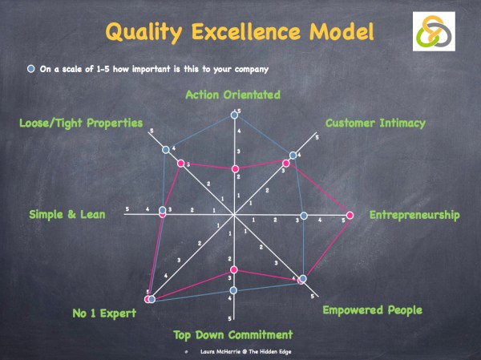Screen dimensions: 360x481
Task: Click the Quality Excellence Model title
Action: pos(240,32)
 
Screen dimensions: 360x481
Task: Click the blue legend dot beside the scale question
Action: pos(30,69)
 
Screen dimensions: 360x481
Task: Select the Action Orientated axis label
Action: pos(232,95)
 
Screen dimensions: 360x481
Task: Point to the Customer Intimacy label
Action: pos(375,123)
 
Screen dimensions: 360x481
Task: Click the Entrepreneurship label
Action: pos(414,215)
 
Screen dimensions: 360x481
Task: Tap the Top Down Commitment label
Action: pos(233,334)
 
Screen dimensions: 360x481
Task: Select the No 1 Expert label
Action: pos(102,312)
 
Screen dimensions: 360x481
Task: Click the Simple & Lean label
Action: pos(63,214)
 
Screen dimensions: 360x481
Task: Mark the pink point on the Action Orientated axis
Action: pos(235,168)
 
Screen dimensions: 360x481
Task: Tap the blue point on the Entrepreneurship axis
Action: pos(304,215)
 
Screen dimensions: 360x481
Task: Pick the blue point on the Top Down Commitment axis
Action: pos(233,289)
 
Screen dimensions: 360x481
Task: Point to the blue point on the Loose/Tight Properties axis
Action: pos(166,149)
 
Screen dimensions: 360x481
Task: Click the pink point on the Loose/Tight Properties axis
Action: pos(181,164)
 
